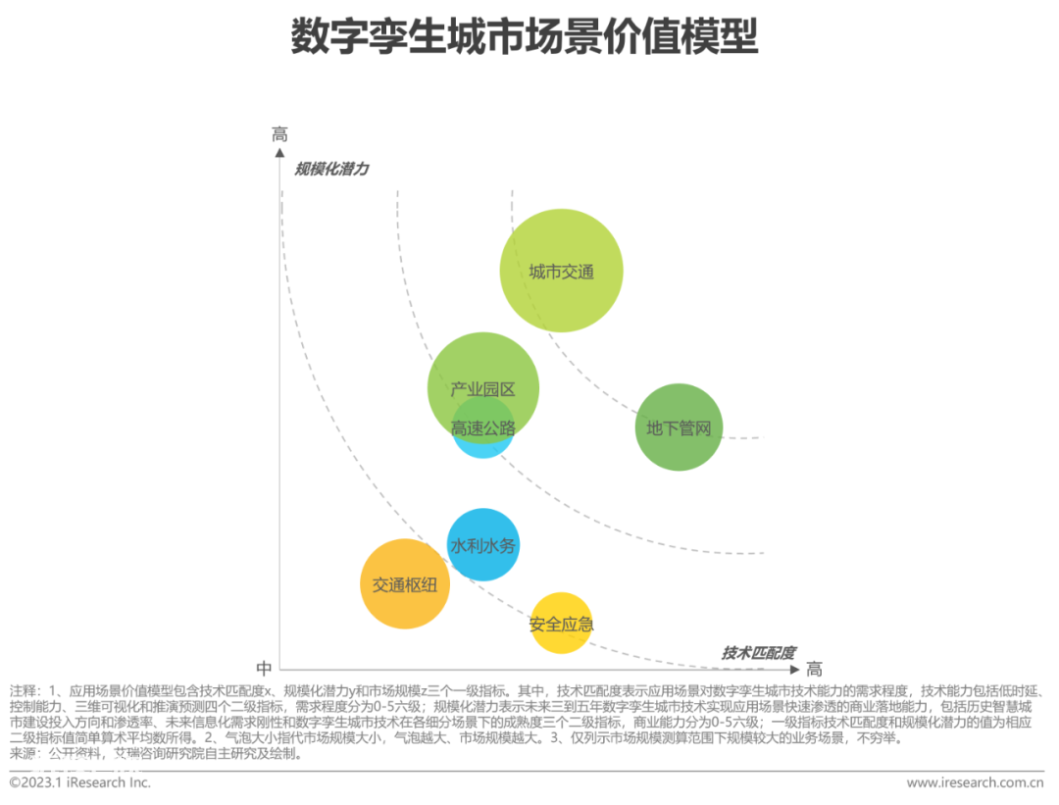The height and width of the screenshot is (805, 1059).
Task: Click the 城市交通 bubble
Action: coord(561,271)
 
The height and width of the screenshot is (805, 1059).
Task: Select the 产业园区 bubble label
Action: coord(482,389)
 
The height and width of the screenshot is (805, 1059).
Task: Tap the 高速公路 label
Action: coord(482,428)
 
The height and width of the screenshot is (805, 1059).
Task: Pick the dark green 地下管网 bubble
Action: coord(679,428)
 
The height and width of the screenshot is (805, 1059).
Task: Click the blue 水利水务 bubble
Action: coord(482,545)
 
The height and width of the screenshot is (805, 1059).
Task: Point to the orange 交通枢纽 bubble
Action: coord(405,584)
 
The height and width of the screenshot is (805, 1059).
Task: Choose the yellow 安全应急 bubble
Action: coord(561,624)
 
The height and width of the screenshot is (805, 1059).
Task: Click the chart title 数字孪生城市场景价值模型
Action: coord(525,36)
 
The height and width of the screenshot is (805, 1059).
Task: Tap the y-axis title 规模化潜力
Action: coord(331,169)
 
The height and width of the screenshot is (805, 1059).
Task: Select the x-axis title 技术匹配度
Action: coord(758,653)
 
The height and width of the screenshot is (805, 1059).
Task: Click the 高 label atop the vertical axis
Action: coord(279,134)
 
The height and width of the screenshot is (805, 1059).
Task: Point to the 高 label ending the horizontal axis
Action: coord(815,670)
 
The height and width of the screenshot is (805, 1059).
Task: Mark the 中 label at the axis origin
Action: coord(264,669)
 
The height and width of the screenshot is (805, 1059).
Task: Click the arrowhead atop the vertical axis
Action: coord(279,153)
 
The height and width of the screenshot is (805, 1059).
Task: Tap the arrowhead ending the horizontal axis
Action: coord(795,670)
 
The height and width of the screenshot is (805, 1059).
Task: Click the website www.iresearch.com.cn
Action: coord(976,782)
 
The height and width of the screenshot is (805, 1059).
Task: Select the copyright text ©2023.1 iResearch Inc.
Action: coord(79,782)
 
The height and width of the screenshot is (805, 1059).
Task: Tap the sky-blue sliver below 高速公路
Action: coord(482,450)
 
